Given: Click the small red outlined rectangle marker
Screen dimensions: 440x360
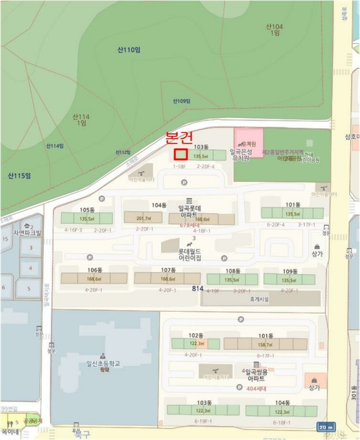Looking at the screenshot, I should (x=180, y=154).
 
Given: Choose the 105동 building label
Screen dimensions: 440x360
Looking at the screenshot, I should (x=87, y=209).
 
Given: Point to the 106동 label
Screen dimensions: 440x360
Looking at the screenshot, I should (x=95, y=270).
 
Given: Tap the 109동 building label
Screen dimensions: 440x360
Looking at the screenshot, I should (x=290, y=271).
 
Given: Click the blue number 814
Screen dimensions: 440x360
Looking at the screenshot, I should (x=199, y=289).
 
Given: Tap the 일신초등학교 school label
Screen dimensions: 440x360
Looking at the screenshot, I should (x=103, y=364).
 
